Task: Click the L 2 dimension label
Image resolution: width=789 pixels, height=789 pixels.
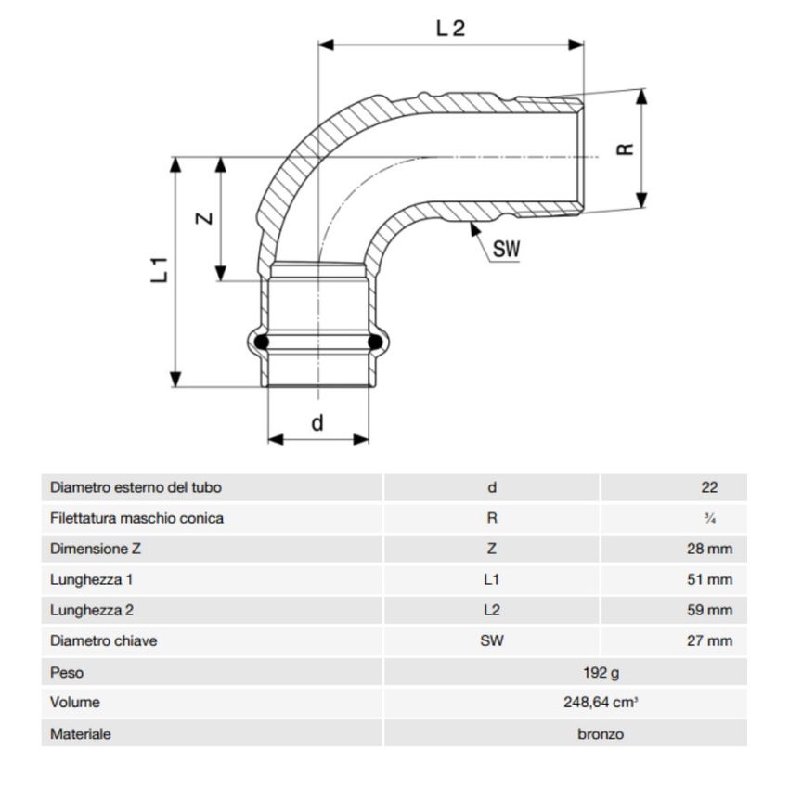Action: tap(450, 28)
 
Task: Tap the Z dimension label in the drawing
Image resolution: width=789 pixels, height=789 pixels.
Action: tap(205, 219)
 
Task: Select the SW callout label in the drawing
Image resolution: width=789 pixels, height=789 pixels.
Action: tap(506, 249)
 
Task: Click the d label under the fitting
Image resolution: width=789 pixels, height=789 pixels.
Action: tap(317, 423)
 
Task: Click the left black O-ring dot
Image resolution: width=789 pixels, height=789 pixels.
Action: tap(262, 343)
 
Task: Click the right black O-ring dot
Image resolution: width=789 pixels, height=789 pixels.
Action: tap(376, 343)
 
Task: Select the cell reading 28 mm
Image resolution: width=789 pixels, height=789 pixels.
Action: tap(709, 549)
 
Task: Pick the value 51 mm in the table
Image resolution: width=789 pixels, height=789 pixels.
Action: tap(709, 579)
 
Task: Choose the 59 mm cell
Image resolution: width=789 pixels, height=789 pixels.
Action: tap(709, 610)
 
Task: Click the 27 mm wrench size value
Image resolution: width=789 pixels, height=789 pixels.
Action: tap(709, 640)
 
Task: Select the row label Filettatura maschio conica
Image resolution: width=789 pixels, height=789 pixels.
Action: tap(136, 518)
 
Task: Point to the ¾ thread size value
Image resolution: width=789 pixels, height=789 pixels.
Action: tap(710, 518)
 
